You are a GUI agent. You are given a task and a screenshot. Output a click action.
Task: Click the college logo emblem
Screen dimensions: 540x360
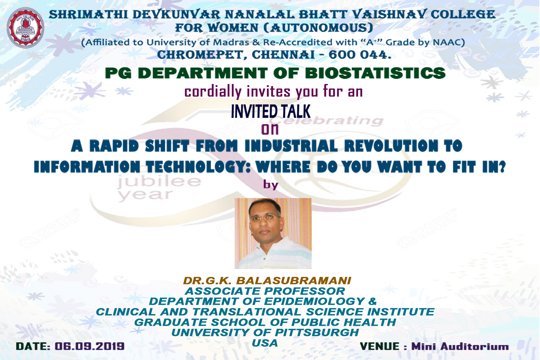pyautogui.click(x=25, y=27)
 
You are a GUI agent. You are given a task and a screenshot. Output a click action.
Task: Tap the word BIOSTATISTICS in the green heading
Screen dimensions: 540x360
pyautogui.click(x=375, y=73)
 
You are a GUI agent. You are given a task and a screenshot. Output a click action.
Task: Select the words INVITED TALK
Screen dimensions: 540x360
pyautogui.click(x=271, y=111)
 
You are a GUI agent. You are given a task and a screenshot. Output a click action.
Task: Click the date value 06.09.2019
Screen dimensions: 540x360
pyautogui.click(x=89, y=346)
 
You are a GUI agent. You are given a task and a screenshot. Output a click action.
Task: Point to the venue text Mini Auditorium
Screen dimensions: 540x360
pyautogui.click(x=460, y=346)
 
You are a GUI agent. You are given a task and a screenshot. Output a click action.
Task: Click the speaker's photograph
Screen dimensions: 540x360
pyautogui.click(x=273, y=233)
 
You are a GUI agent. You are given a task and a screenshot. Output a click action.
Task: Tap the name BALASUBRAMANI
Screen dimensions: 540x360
pyautogui.click(x=294, y=280)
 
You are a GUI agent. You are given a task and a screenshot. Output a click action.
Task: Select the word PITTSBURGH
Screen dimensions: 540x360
pyautogui.click(x=317, y=332)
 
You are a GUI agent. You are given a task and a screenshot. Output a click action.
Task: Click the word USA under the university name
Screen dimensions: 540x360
pyautogui.click(x=265, y=343)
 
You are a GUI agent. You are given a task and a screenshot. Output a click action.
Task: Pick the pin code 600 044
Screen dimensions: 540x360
pyautogui.click(x=360, y=55)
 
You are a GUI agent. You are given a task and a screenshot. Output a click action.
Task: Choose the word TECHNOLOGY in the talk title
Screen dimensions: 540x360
pyautogui.click(x=199, y=167)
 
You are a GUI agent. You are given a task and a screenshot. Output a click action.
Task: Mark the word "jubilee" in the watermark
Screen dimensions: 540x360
pyautogui.click(x=159, y=181)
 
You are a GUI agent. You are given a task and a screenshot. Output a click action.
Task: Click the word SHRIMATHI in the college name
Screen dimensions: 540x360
pyautogui.click(x=88, y=14)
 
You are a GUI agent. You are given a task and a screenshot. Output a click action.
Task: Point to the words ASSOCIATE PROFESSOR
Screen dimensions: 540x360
pyautogui.click(x=265, y=291)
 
